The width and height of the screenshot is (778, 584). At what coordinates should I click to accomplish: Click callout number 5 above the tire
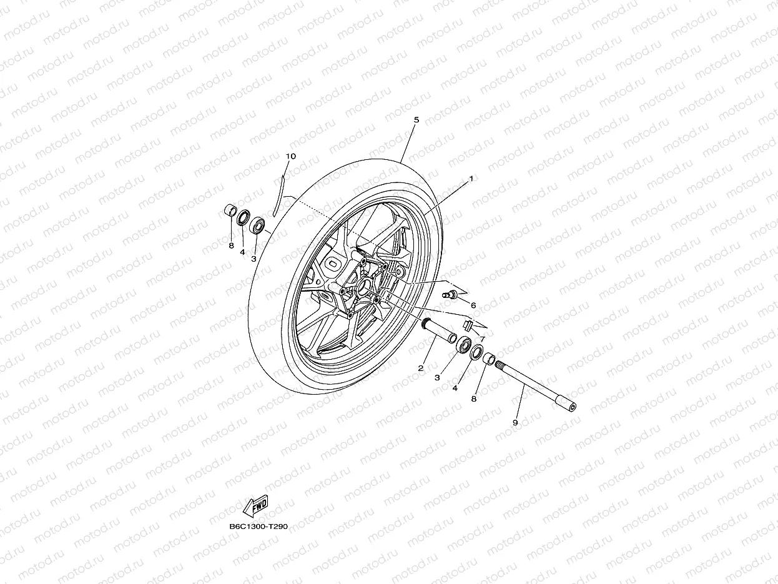tap(416, 119)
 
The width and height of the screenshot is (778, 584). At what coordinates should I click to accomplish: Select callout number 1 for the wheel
tap(471, 178)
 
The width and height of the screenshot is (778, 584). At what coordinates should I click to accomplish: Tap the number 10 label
tap(291, 156)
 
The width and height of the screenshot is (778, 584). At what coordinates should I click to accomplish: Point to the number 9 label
tap(515, 423)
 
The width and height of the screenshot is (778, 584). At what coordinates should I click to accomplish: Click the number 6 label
tap(473, 305)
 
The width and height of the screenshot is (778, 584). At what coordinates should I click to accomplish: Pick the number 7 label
tap(482, 339)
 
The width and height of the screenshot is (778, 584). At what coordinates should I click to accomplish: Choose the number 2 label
tap(421, 368)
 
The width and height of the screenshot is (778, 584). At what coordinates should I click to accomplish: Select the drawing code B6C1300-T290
tap(259, 527)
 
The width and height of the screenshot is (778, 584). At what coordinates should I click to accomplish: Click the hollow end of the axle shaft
tap(571, 408)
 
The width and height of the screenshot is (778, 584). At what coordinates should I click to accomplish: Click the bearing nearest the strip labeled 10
tap(257, 224)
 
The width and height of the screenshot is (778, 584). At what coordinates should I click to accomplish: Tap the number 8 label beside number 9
tap(473, 398)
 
